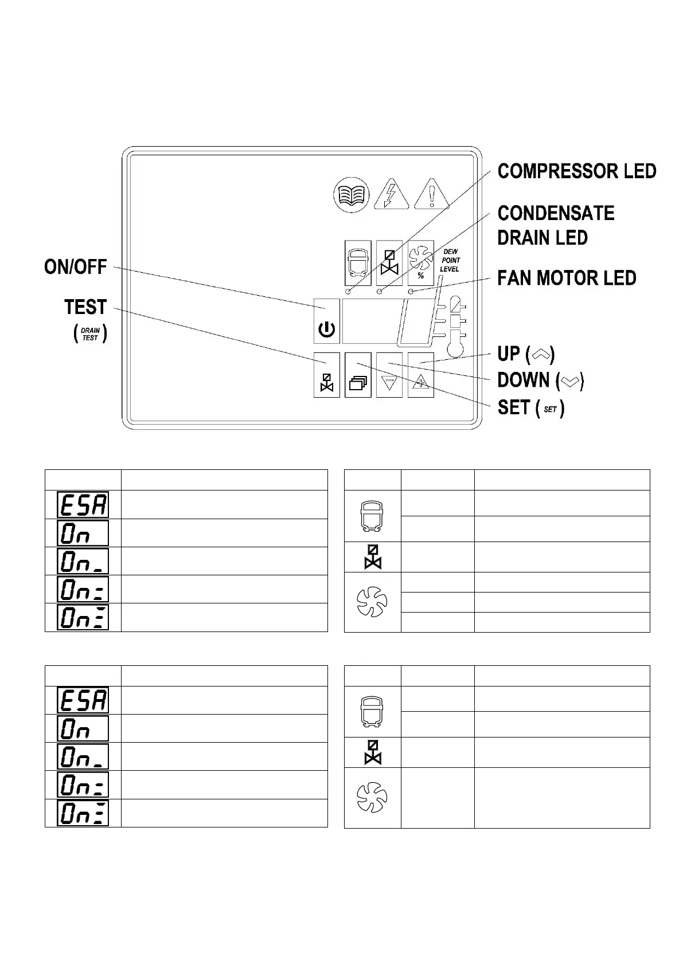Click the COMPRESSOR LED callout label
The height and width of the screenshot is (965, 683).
576,171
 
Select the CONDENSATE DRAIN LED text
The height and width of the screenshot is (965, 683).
555,225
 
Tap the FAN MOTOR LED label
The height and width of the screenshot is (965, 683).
567,278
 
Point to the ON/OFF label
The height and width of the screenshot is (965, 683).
76,267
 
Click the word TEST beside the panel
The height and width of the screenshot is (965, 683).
85,308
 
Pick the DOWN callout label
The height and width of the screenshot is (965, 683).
540,380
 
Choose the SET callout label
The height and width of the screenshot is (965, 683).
530,408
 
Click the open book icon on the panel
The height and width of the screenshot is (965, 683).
351,195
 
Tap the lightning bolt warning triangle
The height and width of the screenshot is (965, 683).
392,195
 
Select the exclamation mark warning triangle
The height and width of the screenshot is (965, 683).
432,195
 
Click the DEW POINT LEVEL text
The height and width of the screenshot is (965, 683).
450,261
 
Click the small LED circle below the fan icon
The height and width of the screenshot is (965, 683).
411,292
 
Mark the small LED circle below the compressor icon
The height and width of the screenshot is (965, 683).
347,292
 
